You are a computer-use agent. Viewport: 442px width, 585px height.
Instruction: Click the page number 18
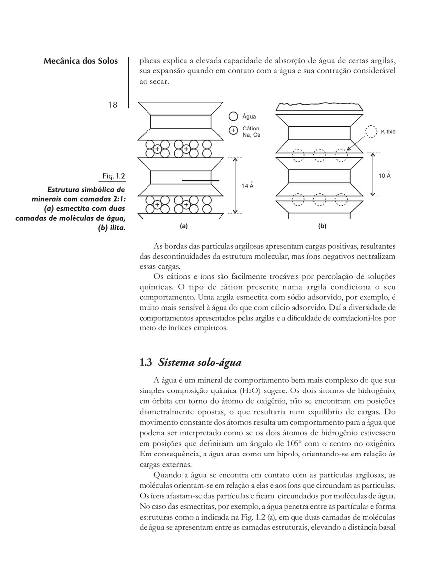pyautogui.click(x=112, y=105)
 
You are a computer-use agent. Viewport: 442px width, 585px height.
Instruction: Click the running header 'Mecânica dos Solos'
pyautogui.click(x=80, y=61)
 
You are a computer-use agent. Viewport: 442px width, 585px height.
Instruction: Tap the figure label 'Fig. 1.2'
pyautogui.click(x=114, y=176)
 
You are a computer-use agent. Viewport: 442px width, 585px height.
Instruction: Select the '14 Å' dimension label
pyautogui.click(x=248, y=185)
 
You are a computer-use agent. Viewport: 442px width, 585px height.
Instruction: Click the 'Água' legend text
pyautogui.click(x=250, y=117)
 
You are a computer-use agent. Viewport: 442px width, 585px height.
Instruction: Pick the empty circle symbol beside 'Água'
pyautogui.click(x=233, y=117)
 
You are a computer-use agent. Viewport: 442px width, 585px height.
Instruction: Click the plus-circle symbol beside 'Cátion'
pyautogui.click(x=233, y=131)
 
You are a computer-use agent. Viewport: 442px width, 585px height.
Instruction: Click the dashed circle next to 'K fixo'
pyautogui.click(x=370, y=131)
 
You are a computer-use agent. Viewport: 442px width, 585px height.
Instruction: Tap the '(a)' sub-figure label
pyautogui.click(x=183, y=226)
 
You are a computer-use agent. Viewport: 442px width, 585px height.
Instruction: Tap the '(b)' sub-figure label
pyautogui.click(x=322, y=226)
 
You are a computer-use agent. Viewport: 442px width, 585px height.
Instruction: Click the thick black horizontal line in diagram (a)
pyautogui.click(x=200, y=180)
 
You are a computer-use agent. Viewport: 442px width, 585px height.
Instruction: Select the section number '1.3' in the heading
pyautogui.click(x=146, y=363)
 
